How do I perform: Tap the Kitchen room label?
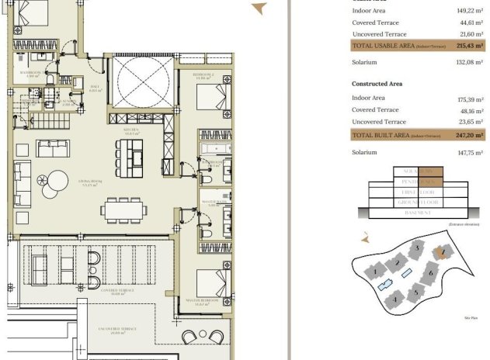click(130, 131)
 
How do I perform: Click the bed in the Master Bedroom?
click(210, 282)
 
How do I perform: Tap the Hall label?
click(95, 88)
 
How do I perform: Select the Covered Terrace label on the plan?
click(119, 292)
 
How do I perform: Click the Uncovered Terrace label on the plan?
click(118, 330)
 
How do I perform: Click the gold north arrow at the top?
click(259, 9)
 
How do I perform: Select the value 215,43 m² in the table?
click(468, 47)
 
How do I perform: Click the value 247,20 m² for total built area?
click(468, 135)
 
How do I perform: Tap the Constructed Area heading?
click(377, 83)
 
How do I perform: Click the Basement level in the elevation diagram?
click(417, 213)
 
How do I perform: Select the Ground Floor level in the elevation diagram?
click(417, 202)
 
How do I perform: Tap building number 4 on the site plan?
click(395, 298)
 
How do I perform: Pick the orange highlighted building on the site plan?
click(441, 251)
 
